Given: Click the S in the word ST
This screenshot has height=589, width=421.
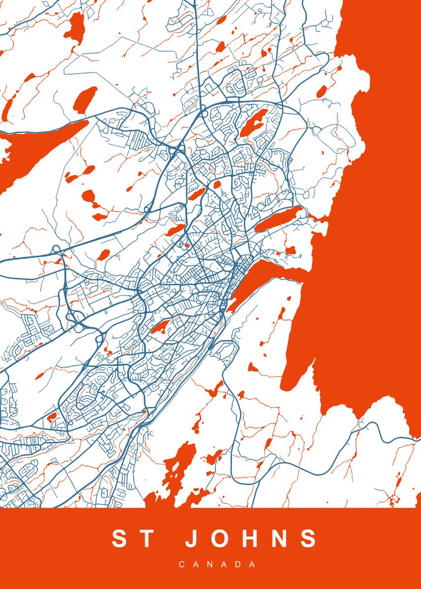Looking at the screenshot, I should (x=120, y=538).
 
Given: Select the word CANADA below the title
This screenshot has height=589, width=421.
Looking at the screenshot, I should (x=217, y=564).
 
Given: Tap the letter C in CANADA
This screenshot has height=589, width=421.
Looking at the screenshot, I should (x=181, y=564).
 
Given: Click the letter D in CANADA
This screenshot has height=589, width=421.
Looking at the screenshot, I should (x=239, y=564).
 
